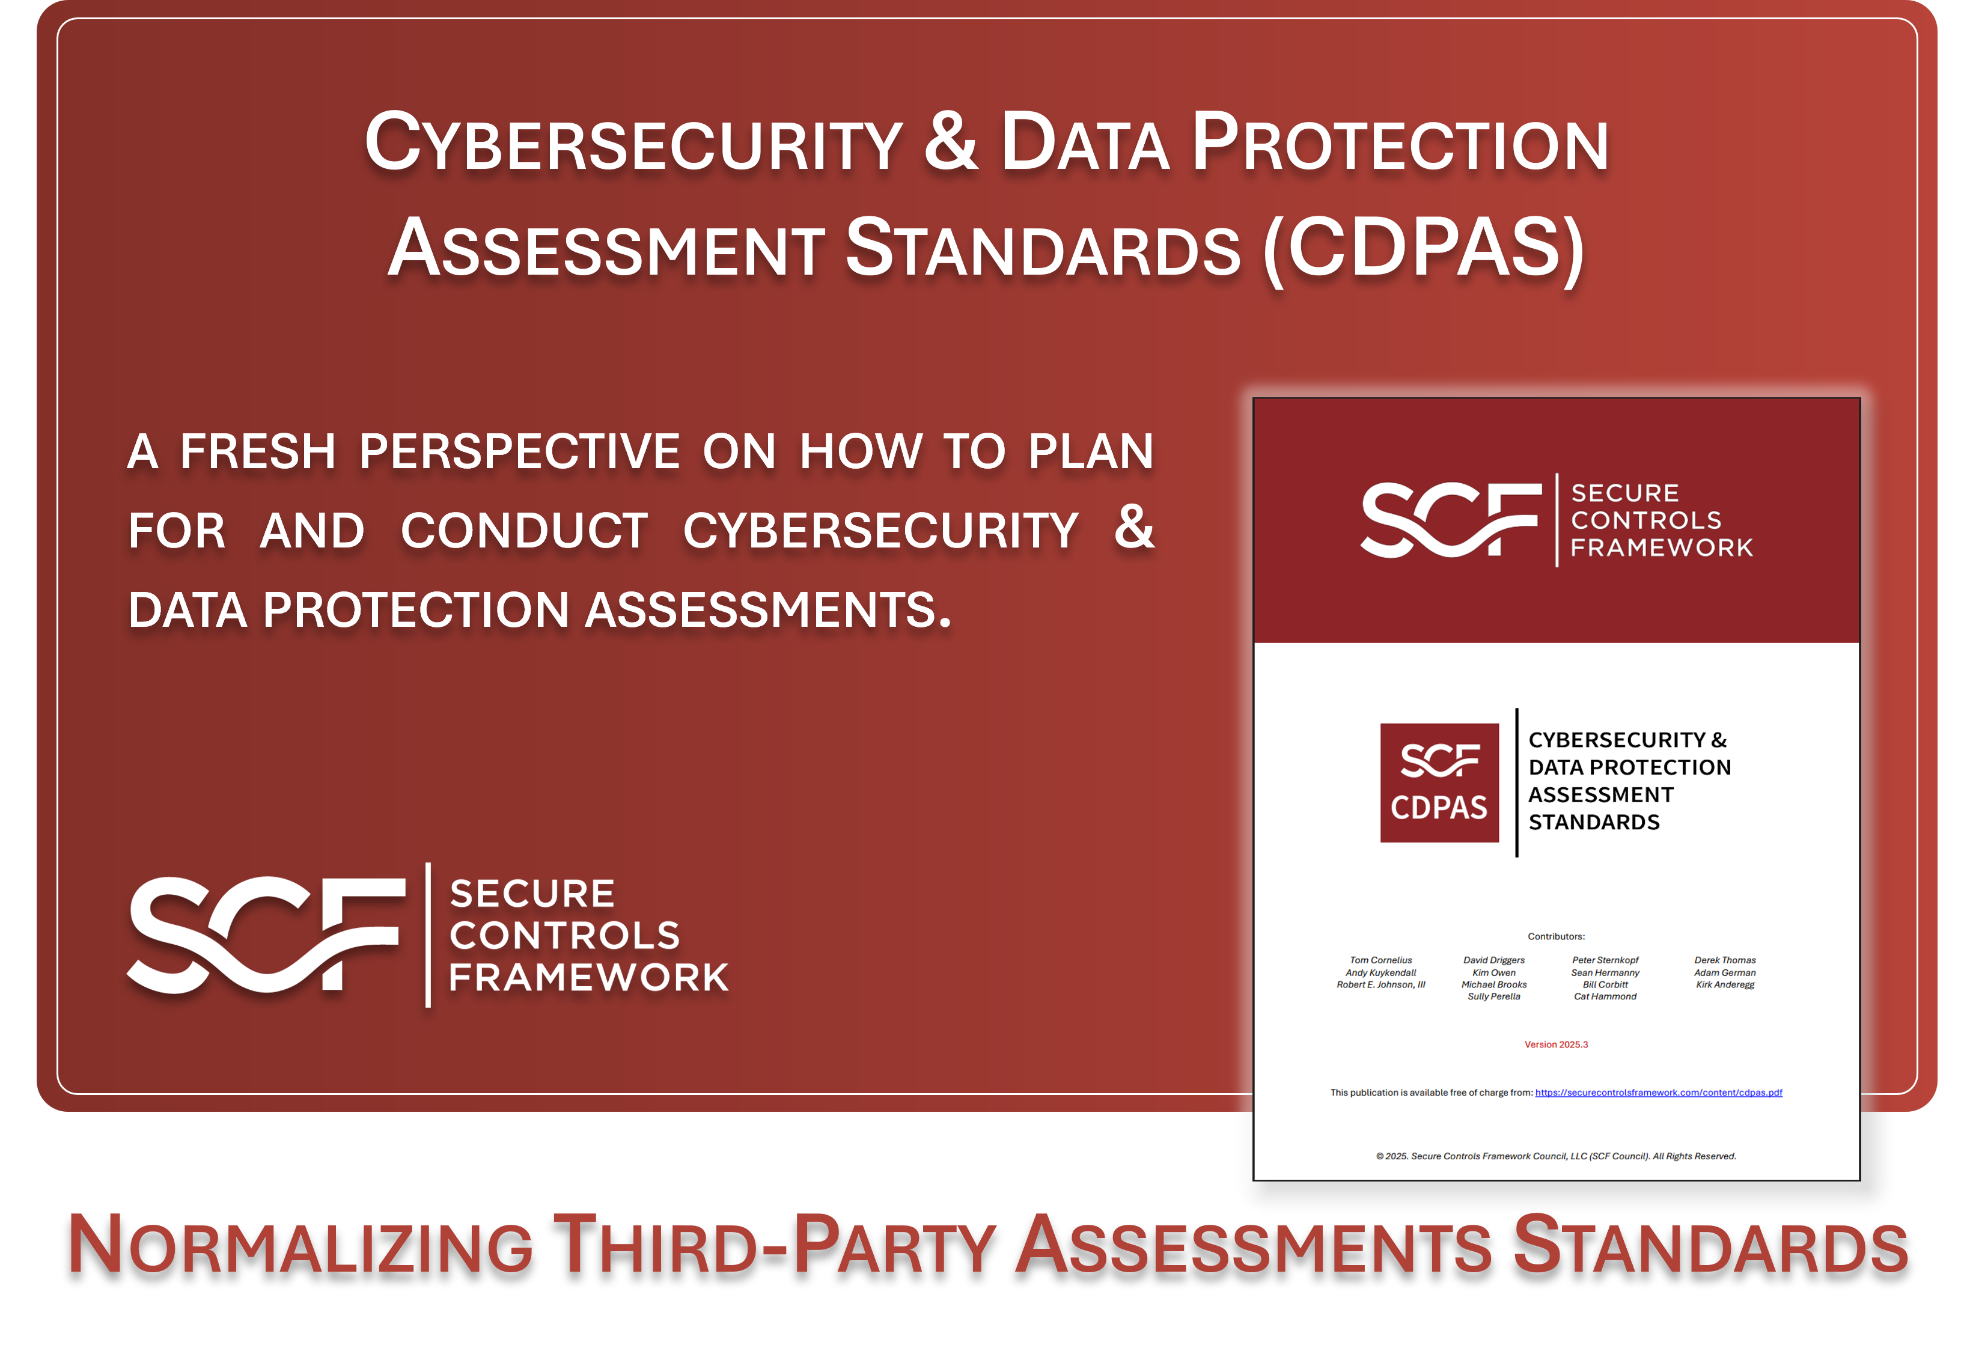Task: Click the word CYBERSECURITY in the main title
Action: (x=633, y=144)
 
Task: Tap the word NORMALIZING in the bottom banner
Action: (x=299, y=1246)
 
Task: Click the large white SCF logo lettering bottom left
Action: (x=265, y=935)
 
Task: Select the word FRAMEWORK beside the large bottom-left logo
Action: (x=588, y=977)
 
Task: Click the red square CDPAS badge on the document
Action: (x=1439, y=783)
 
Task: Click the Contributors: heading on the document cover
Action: (x=1556, y=936)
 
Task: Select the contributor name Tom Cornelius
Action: (x=1380, y=960)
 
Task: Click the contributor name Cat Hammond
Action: (x=1605, y=996)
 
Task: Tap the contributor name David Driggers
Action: (x=1493, y=960)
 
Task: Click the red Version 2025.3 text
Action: (x=1556, y=1044)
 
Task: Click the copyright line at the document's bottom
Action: (x=1556, y=1156)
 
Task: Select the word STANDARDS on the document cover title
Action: (x=1594, y=822)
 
